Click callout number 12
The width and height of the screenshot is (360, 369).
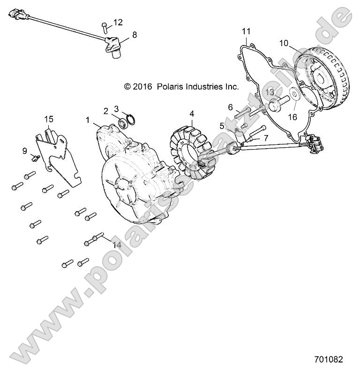(x=118, y=22)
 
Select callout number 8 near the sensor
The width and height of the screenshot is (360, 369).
(x=135, y=34)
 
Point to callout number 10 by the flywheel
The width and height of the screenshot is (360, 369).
(x=284, y=43)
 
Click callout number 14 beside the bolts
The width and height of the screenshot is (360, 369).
(x=117, y=245)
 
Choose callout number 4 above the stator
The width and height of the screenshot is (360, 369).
(x=192, y=113)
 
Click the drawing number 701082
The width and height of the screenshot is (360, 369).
(x=329, y=360)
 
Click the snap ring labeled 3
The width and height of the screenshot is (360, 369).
(x=131, y=119)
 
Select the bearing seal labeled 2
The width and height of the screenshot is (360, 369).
(x=123, y=124)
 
